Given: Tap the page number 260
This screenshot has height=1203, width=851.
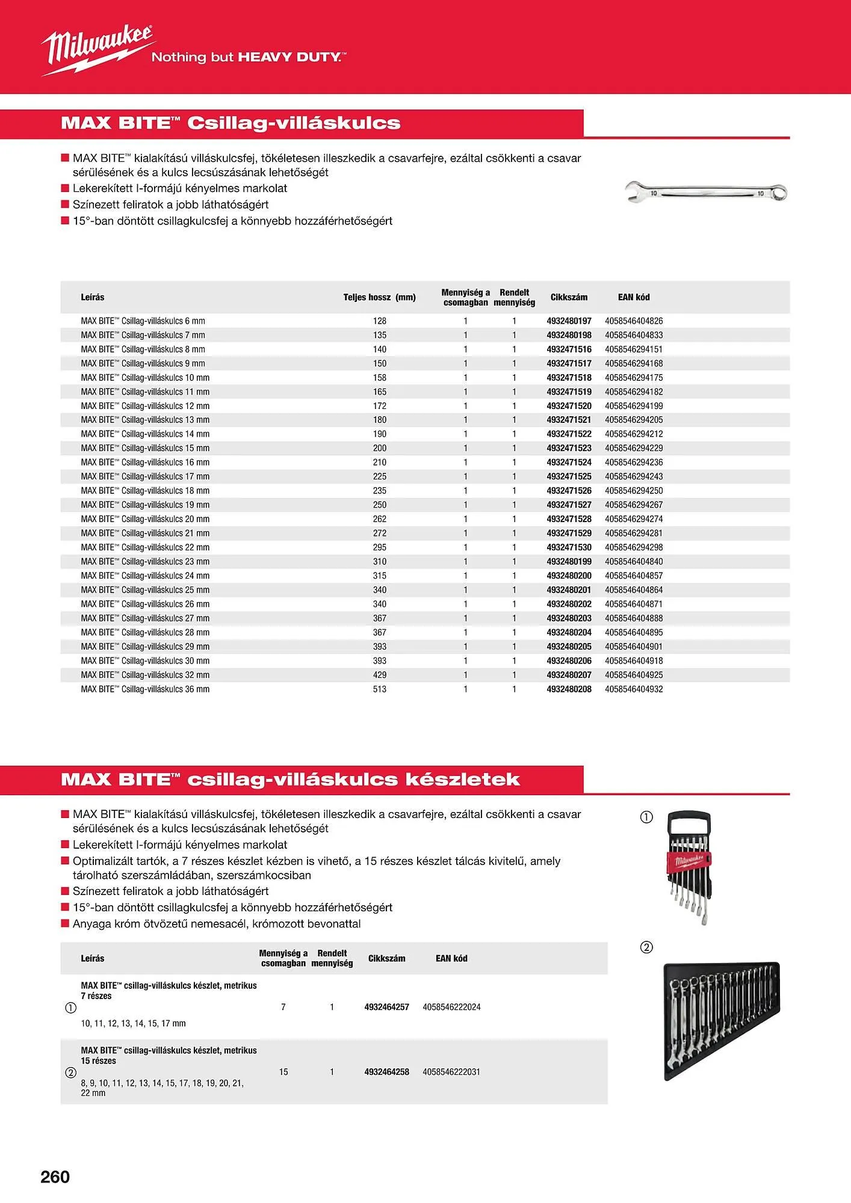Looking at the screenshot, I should (x=55, y=1177).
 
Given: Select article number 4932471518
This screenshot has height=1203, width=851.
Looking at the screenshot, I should (x=569, y=378).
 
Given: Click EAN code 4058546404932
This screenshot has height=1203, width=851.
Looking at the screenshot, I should (x=634, y=689).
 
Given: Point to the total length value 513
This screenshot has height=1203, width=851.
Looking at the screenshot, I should (x=380, y=689).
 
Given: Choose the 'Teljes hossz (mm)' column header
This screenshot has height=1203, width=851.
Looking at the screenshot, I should (x=379, y=297).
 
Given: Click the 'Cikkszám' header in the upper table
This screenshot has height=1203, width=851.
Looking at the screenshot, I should (x=569, y=297).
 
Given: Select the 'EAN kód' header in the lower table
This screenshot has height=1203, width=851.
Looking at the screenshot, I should (x=451, y=958).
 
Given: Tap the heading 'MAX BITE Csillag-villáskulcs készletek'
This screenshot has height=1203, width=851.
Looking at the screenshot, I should (x=290, y=780).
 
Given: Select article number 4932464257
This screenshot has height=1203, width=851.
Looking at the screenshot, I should (x=386, y=1007).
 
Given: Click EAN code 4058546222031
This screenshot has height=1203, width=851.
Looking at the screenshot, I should (x=451, y=1072).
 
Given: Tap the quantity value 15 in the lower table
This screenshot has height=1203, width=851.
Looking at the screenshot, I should (x=283, y=1072).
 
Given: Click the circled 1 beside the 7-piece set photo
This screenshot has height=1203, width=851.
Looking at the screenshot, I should (x=646, y=817).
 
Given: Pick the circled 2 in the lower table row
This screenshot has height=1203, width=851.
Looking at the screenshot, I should (x=70, y=1072).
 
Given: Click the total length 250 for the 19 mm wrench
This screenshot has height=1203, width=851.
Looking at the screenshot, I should (x=380, y=505).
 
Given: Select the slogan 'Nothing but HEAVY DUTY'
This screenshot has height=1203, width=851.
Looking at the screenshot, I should (x=248, y=57).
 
